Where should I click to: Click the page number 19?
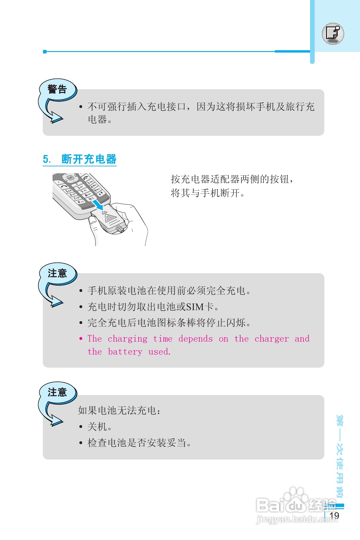(334, 515)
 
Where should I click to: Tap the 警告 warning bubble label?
(57, 89)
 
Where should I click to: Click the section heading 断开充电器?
(89, 159)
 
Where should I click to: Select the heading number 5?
(46, 159)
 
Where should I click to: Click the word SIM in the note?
(195, 307)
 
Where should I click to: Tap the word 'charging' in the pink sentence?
(127, 339)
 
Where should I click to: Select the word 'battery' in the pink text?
(125, 352)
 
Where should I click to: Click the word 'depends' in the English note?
(195, 339)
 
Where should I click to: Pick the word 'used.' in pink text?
(159, 352)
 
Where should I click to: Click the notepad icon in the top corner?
(333, 33)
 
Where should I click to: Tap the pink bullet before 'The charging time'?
(81, 338)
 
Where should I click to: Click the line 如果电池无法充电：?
(119, 410)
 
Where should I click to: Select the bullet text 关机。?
(99, 427)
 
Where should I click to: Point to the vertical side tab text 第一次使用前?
(340, 456)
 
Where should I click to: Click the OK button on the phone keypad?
(70, 178)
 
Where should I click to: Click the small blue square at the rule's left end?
(45, 52)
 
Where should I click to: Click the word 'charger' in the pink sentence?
(271, 339)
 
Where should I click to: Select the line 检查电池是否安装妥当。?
(139, 443)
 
